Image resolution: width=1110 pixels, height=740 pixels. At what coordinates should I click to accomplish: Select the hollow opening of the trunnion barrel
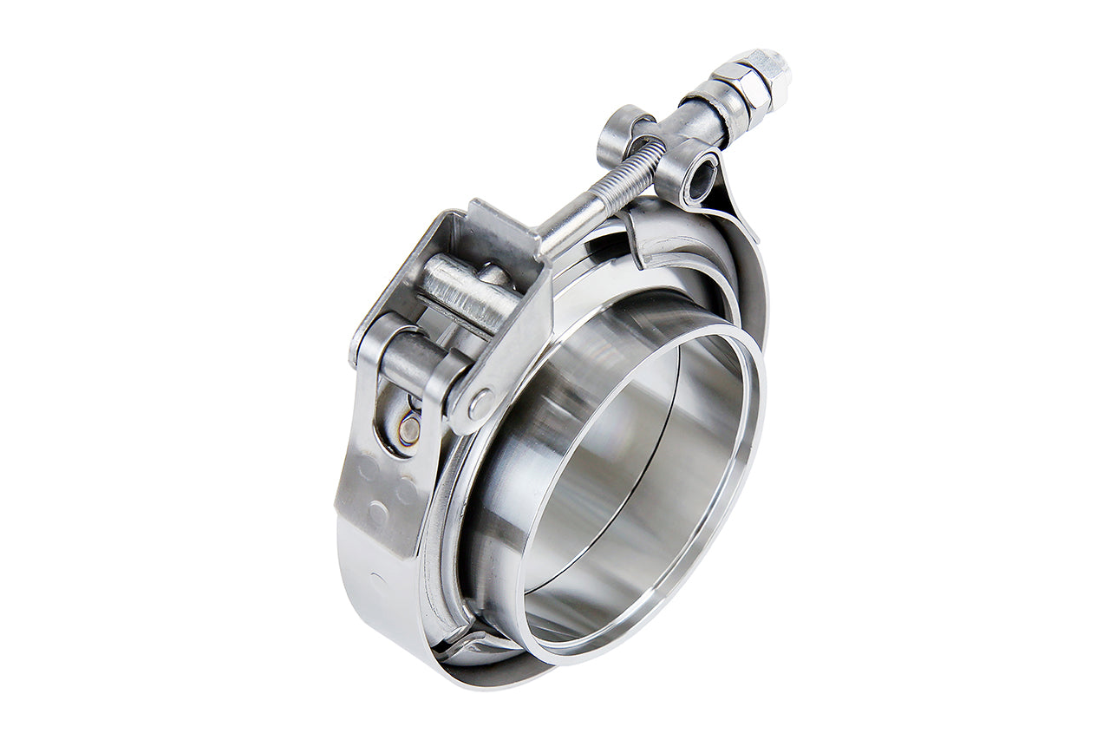(x=700, y=180)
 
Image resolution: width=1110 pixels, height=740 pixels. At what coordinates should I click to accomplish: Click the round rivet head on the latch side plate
(x=479, y=402)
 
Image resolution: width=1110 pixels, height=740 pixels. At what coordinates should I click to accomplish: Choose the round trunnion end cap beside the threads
(x=617, y=130)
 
